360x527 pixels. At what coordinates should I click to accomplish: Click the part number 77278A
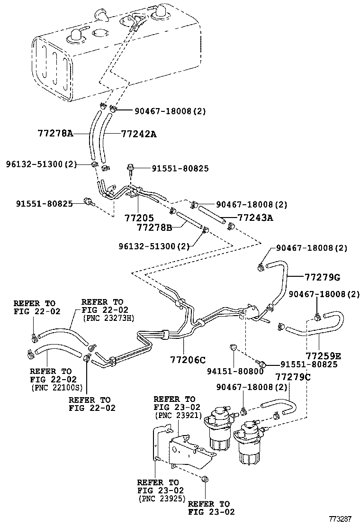[55, 134]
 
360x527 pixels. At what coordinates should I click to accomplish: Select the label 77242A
[139, 134]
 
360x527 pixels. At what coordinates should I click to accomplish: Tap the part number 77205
[139, 218]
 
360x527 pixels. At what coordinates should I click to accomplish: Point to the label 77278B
[154, 227]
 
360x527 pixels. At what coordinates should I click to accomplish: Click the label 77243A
[256, 218]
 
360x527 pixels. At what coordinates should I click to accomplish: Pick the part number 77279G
[323, 277]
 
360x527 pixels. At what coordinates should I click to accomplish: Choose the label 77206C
[188, 360]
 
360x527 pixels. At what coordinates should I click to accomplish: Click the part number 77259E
[324, 356]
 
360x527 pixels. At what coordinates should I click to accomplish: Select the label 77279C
[293, 377]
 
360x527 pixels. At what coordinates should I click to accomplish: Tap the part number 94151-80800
[235, 372]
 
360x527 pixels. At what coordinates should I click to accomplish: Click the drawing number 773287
[340, 519]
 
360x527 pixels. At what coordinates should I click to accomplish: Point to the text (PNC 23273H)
[108, 318]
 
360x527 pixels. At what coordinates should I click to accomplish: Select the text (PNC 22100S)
[56, 388]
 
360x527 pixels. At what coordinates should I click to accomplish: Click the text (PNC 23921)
[178, 416]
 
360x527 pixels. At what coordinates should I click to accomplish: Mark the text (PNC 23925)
[162, 499]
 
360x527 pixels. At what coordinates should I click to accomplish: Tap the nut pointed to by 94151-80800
[232, 347]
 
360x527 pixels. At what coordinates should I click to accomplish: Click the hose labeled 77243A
[212, 215]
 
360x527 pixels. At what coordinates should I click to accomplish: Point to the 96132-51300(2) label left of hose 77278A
[41, 164]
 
